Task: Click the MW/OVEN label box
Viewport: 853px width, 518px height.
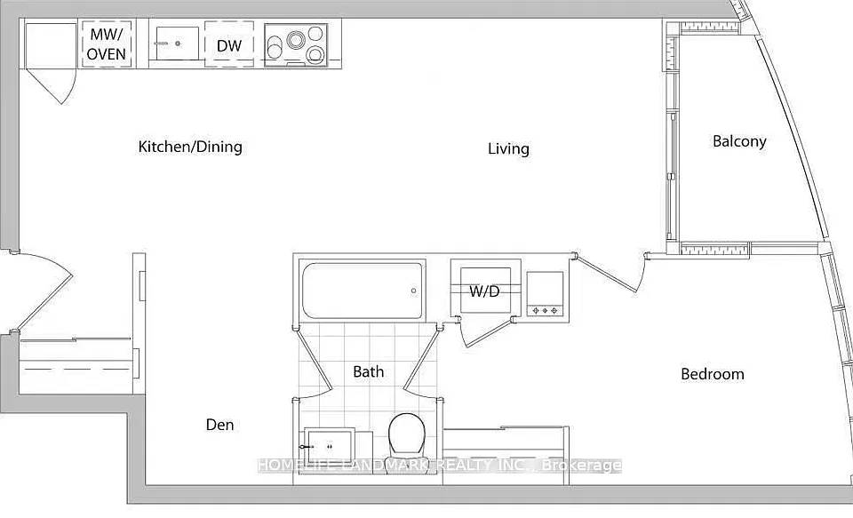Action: [x=107, y=44]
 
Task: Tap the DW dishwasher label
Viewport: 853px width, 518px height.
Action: [x=229, y=45]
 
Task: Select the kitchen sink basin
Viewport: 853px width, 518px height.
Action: [x=177, y=43]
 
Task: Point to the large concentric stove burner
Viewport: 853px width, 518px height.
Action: [x=297, y=40]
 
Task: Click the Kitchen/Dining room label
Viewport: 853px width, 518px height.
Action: [x=190, y=147]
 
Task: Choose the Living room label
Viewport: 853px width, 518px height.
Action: [x=508, y=148]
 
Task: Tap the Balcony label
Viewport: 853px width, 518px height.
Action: [x=739, y=141]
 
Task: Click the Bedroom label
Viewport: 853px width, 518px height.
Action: [x=713, y=374]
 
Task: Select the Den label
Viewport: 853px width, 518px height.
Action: [x=219, y=425]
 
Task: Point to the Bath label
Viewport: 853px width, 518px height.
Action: [x=368, y=371]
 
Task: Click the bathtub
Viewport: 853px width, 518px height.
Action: [x=363, y=291]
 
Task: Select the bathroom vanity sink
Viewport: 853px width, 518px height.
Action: [x=330, y=447]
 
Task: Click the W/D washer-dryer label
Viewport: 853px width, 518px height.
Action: [x=484, y=291]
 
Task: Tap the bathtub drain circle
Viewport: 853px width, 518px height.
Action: [x=413, y=291]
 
